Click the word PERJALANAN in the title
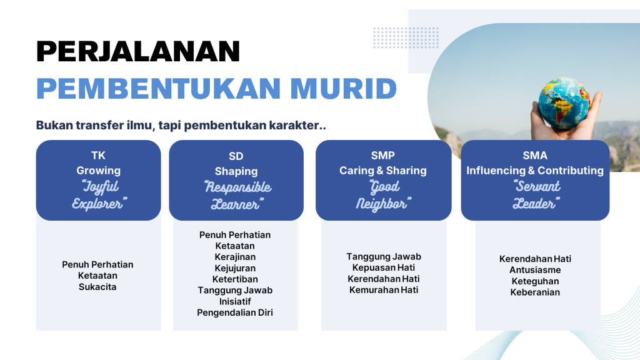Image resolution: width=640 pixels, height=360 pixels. (138, 51)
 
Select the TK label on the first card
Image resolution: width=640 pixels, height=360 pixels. (98, 156)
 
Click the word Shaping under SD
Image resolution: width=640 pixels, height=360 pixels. (236, 171)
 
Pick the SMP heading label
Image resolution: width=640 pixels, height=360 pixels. (382, 156)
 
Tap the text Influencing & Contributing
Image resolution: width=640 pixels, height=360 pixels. (535, 171)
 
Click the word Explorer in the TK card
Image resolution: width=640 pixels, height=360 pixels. (99, 203)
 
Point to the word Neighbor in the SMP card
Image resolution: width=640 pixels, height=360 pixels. (382, 204)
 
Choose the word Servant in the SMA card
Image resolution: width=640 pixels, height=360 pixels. (536, 187)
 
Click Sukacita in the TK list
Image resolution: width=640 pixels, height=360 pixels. (97, 287)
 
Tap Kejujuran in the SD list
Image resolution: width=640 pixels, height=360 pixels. (235, 268)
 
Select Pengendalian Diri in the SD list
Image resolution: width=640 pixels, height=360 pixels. (235, 312)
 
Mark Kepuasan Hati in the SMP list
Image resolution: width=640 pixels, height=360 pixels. (383, 267)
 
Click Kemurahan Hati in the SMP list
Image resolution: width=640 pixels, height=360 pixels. (383, 290)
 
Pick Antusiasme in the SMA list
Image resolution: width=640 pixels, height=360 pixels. (535, 270)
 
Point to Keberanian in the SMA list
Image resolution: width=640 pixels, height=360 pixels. (535, 292)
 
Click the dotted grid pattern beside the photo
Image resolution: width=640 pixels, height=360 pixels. (406, 37)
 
